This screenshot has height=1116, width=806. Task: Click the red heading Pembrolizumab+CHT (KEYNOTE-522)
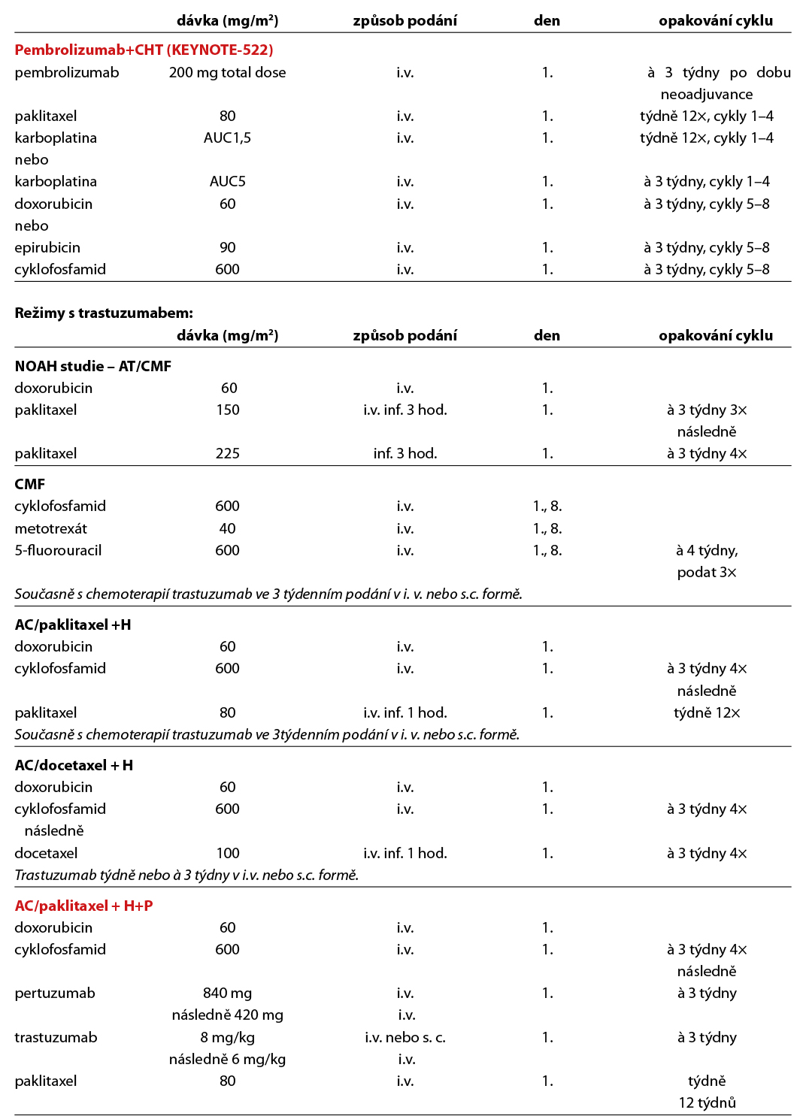tap(144, 50)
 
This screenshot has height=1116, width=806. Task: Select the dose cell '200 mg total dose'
tap(227, 73)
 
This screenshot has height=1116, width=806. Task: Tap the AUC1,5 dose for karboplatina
tap(227, 138)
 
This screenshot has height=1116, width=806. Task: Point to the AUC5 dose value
tap(227, 182)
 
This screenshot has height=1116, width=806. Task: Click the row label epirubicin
tap(47, 248)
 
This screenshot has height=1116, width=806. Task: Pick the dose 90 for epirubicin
tap(227, 248)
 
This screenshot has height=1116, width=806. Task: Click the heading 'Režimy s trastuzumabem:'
tap(104, 313)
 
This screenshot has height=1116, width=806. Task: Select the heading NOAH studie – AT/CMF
tap(93, 367)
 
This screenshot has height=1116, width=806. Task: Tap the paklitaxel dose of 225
tap(227, 454)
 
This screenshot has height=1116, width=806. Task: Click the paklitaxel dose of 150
tap(227, 410)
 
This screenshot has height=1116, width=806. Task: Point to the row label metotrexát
tap(51, 529)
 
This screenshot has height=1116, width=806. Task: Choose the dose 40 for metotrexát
tap(227, 529)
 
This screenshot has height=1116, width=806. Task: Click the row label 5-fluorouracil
tap(58, 551)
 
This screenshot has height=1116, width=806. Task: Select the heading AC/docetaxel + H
tap(74, 766)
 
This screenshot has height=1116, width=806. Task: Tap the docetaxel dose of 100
tap(227, 854)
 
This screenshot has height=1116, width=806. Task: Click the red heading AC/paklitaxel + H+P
tap(83, 906)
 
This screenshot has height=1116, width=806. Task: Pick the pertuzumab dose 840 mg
tap(227, 994)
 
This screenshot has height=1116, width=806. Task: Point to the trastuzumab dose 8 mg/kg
tap(227, 1038)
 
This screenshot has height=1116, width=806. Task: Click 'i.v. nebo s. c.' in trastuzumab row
tap(405, 1038)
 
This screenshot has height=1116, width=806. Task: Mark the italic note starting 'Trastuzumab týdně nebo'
tap(186, 876)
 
